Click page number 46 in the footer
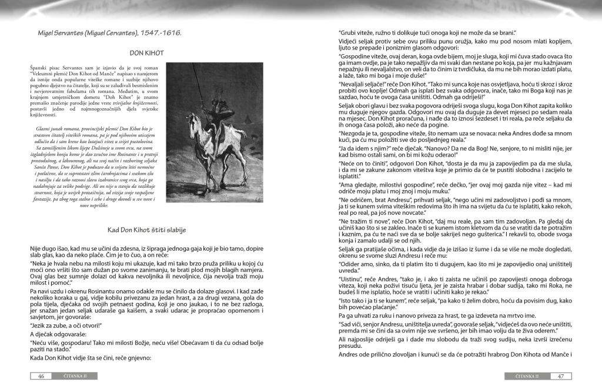pos(41,376)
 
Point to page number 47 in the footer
pos(561,376)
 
